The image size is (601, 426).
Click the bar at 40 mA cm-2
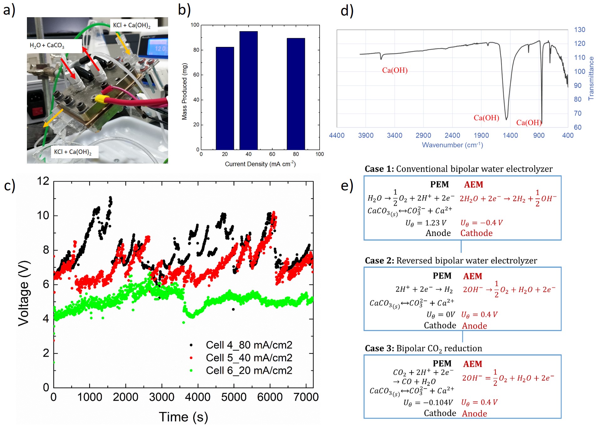click(249, 90)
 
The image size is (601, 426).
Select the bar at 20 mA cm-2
click(225, 98)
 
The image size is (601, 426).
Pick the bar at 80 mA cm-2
click(296, 94)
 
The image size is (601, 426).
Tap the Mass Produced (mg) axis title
click(184, 91)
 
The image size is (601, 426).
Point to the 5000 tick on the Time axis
click(234, 397)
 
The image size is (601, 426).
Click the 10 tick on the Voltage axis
click(43, 216)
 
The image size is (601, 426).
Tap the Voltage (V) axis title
click(24, 293)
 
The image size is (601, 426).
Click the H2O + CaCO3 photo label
click(47, 46)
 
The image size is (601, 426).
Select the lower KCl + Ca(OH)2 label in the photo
click(73, 152)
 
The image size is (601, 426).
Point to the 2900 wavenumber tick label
click(423, 135)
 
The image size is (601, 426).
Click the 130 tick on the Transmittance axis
click(579, 30)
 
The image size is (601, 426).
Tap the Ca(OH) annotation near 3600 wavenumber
click(395, 70)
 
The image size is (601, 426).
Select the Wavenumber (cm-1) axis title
click(452, 145)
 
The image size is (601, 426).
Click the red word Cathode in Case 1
click(476, 233)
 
